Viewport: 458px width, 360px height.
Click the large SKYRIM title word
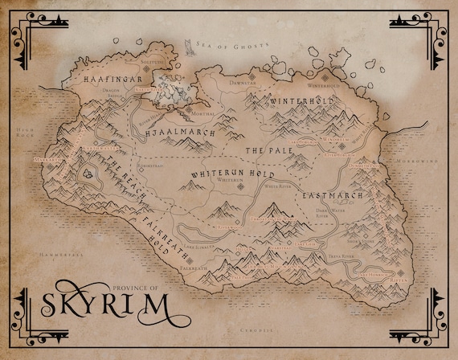point(100,306)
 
